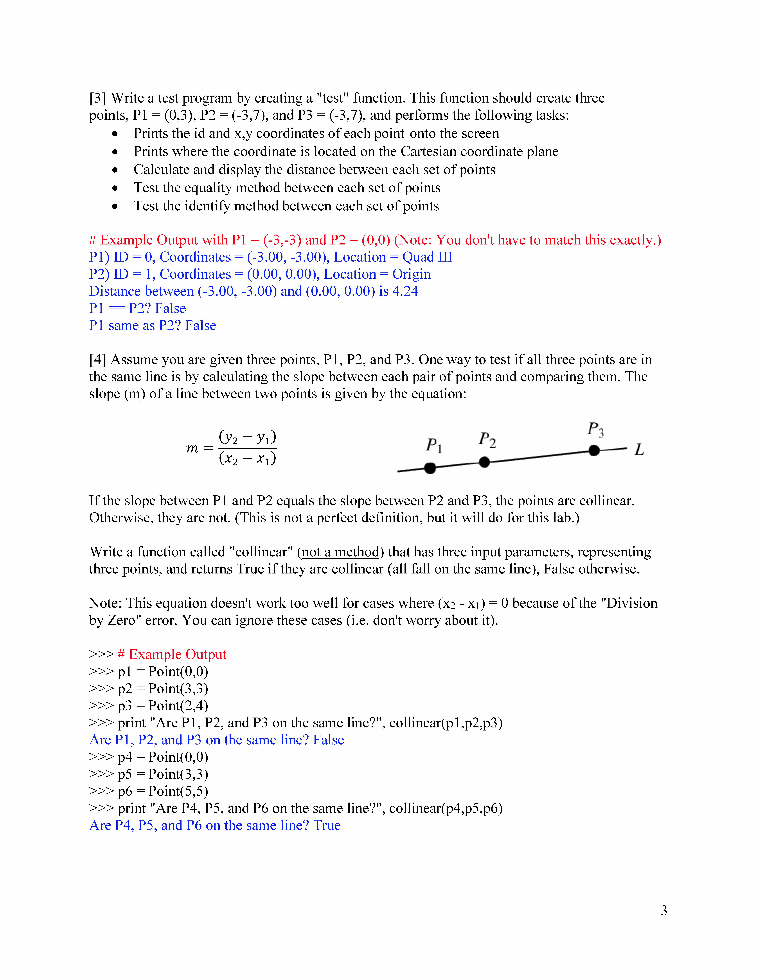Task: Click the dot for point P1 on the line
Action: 430,468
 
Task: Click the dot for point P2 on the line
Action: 484,462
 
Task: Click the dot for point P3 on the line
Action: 594,450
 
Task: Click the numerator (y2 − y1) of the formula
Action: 247,437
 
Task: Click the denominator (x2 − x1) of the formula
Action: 247,459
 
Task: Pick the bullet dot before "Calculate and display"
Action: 115,170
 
